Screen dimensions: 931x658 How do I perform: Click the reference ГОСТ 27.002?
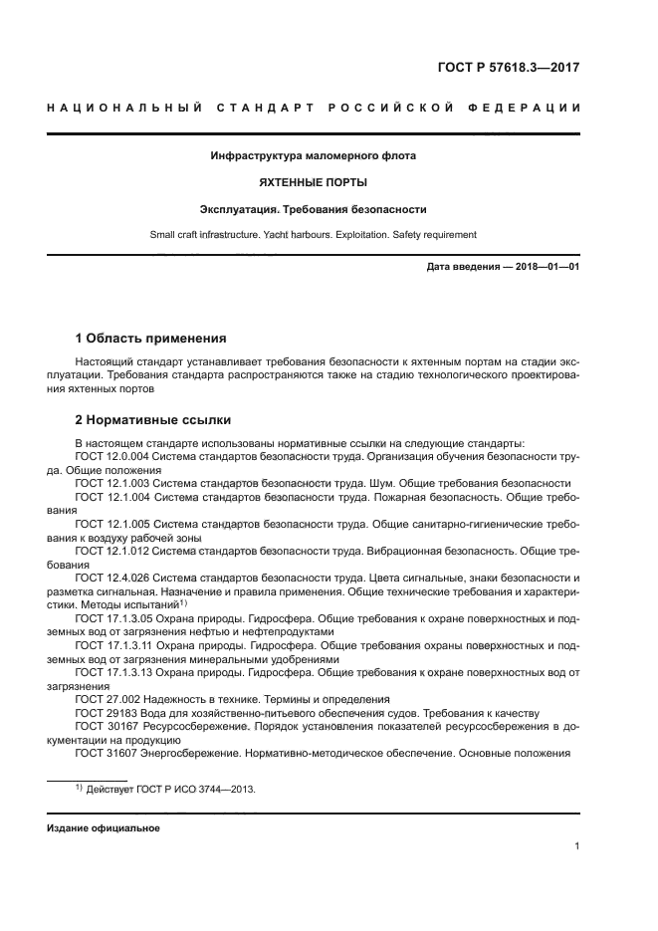(x=106, y=700)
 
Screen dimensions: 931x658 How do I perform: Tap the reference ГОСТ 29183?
(x=103, y=714)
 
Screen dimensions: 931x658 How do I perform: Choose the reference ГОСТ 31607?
(x=103, y=754)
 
